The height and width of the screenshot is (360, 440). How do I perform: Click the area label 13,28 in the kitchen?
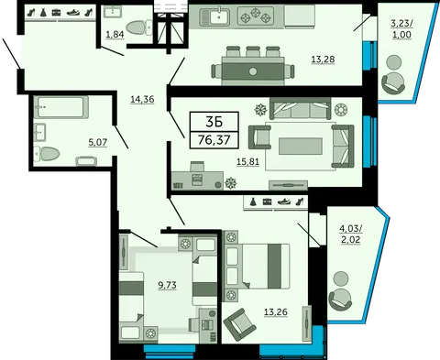(x=323, y=60)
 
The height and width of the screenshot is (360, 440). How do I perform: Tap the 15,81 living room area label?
(x=247, y=162)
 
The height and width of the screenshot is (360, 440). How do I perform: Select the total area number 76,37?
(x=214, y=140)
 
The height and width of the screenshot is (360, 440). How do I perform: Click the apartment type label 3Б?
(x=214, y=122)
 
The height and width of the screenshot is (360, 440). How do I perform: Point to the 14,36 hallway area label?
(x=142, y=99)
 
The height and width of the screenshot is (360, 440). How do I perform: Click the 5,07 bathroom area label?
(x=98, y=142)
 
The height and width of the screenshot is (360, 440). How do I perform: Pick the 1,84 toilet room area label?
(x=115, y=35)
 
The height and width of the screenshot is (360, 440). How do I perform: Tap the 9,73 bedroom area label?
(x=167, y=285)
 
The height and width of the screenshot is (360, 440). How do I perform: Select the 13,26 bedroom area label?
(x=276, y=312)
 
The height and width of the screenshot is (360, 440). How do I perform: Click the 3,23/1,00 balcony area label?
(x=401, y=28)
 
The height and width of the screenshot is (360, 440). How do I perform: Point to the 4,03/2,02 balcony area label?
(x=351, y=234)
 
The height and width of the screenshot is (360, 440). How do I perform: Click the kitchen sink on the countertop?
(x=215, y=16)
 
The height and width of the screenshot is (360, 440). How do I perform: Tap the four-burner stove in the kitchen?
(x=256, y=16)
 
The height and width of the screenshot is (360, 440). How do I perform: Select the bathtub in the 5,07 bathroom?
(x=61, y=107)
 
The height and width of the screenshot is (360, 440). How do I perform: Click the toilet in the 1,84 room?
(x=139, y=27)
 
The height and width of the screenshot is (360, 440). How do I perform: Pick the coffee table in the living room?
(x=301, y=146)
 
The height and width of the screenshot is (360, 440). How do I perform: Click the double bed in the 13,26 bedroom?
(x=257, y=266)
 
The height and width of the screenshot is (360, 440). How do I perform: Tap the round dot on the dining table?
(x=253, y=72)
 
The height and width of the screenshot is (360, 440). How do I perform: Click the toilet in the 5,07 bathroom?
(x=47, y=154)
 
